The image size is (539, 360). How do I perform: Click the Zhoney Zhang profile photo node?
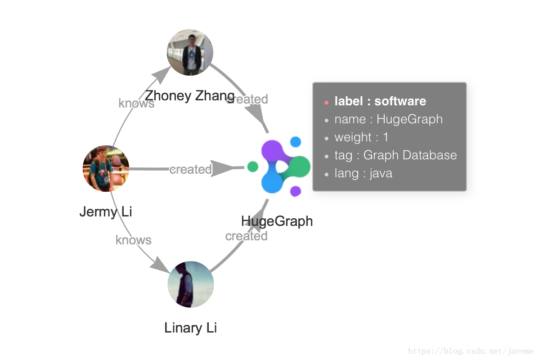(190, 52)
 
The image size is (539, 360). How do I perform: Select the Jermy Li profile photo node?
(106, 168)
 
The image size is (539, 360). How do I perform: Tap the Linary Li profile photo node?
(191, 284)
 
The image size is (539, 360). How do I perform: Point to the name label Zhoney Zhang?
(189, 95)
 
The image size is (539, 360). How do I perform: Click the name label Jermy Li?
(106, 211)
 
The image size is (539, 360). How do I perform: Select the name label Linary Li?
(191, 328)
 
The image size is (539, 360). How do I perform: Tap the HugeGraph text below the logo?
(277, 221)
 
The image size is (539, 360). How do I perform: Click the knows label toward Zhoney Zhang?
(136, 103)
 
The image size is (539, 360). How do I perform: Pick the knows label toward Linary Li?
(134, 240)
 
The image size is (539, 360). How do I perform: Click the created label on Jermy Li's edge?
(191, 169)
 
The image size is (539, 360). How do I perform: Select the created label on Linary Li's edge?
(247, 236)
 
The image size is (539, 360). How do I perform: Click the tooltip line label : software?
(380, 101)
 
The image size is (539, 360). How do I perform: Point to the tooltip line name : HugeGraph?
(388, 119)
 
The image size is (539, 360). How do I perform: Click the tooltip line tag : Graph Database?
(395, 155)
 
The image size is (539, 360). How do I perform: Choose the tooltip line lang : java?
(363, 173)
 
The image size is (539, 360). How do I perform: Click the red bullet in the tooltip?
(326, 103)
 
